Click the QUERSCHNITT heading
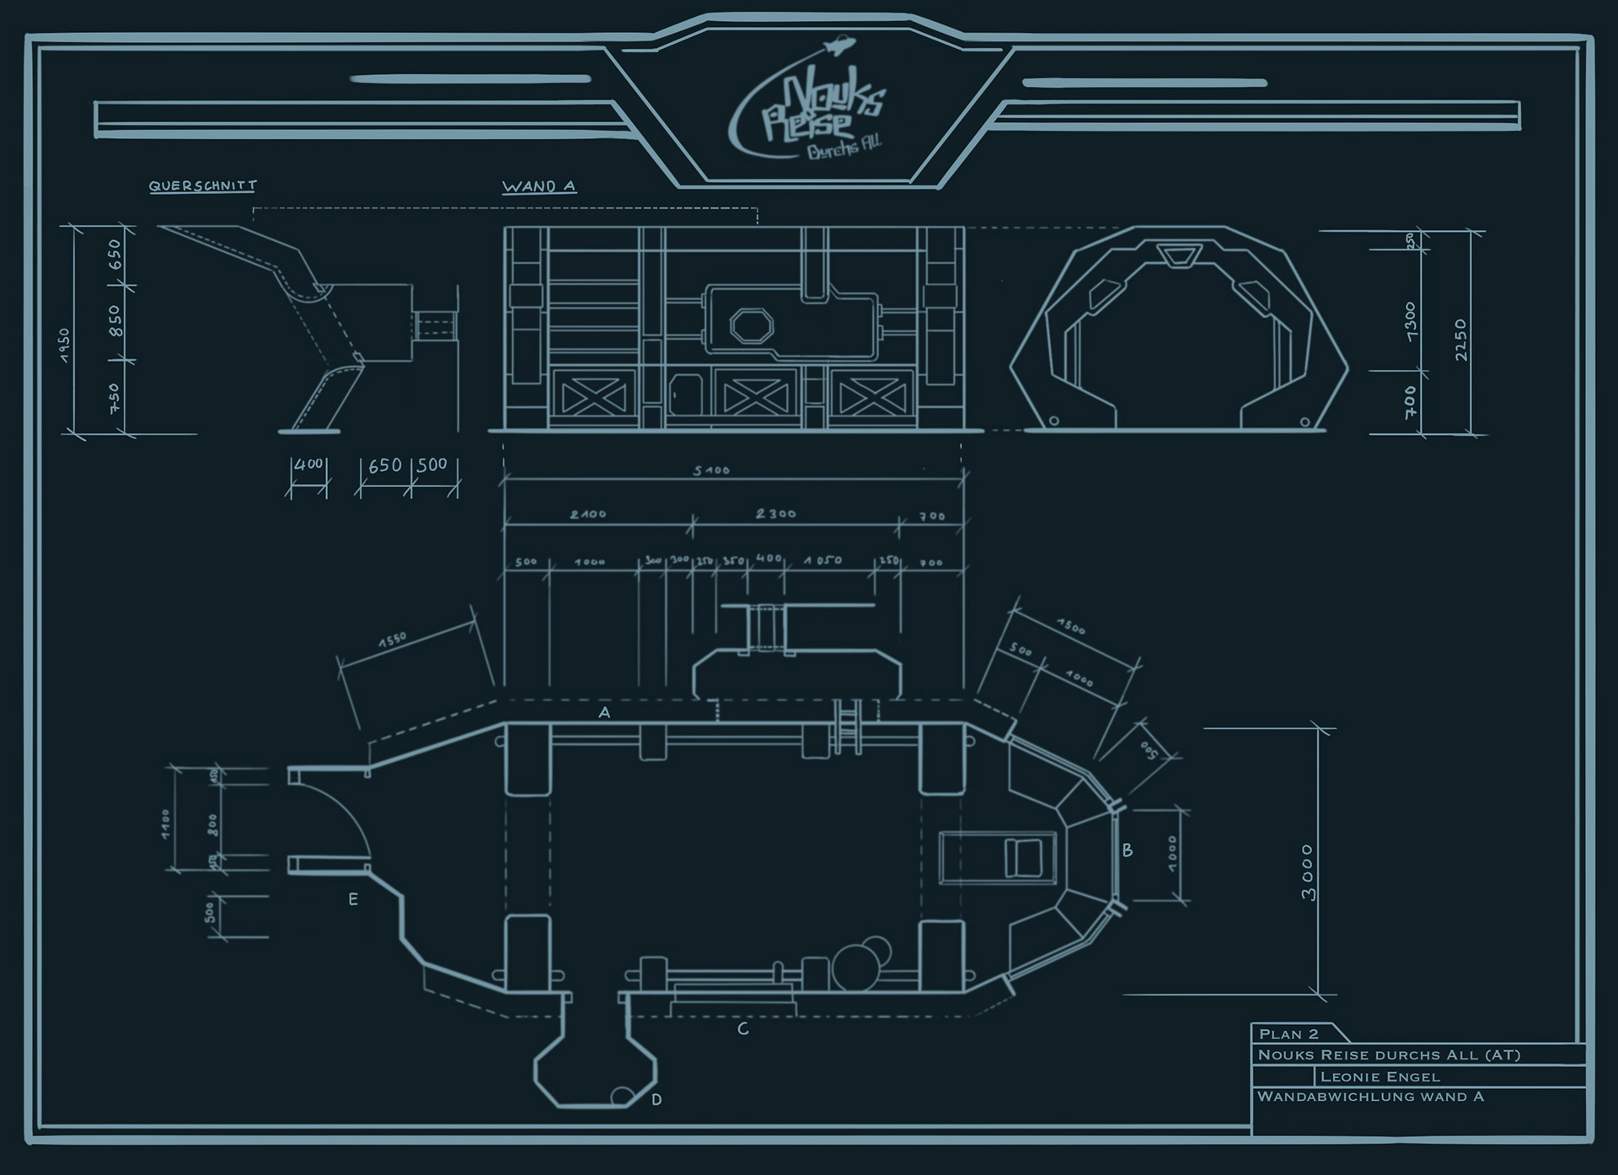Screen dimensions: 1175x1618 (x=202, y=185)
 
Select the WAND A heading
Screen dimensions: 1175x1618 (x=538, y=186)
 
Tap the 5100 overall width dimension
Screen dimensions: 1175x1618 (x=711, y=470)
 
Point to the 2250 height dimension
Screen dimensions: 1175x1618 (x=1460, y=339)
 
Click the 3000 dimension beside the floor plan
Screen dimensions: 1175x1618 (x=1307, y=872)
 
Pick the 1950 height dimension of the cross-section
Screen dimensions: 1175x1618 (x=65, y=345)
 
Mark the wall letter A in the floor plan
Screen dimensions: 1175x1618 (x=604, y=713)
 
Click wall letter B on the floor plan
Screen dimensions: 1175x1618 (x=1128, y=850)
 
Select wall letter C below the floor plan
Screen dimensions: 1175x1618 (x=742, y=1029)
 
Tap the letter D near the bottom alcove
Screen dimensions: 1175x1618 (x=656, y=1099)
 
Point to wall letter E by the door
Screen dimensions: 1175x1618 (x=353, y=899)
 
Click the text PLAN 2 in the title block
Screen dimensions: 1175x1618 (x=1288, y=1034)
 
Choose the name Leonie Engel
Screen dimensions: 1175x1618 (x=1380, y=1076)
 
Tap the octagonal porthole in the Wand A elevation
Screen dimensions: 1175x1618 (x=751, y=325)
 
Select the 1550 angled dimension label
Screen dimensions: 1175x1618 (x=393, y=640)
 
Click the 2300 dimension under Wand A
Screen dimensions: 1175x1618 (x=775, y=513)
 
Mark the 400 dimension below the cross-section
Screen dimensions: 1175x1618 (x=308, y=464)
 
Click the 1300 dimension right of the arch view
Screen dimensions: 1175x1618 (x=1411, y=320)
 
